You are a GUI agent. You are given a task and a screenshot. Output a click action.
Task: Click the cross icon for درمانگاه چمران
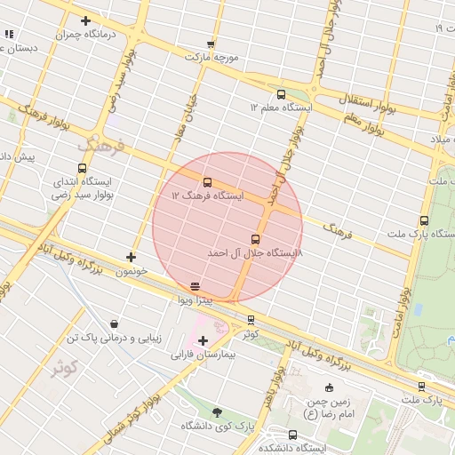(85, 20)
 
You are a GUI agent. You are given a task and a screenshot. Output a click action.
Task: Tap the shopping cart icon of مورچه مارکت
(211, 43)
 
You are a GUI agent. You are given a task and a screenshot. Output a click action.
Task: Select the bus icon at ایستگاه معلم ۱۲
(281, 93)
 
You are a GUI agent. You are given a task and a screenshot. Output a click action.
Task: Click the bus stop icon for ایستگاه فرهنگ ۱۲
(208, 182)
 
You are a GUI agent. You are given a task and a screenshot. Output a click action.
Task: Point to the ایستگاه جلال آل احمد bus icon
(256, 239)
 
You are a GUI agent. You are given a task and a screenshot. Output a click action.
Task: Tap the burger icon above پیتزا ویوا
(195, 286)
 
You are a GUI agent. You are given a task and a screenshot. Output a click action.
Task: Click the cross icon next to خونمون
(132, 257)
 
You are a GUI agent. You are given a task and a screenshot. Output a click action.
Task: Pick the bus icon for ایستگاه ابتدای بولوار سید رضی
(83, 168)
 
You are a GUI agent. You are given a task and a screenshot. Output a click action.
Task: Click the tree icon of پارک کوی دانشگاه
(217, 412)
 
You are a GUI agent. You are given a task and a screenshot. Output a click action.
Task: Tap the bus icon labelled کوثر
(251, 320)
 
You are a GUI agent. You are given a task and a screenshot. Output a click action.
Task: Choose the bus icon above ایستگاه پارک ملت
(424, 220)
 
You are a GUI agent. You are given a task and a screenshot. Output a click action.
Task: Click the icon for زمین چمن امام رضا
(330, 387)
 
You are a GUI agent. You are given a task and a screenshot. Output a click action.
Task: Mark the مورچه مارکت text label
(212, 56)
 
